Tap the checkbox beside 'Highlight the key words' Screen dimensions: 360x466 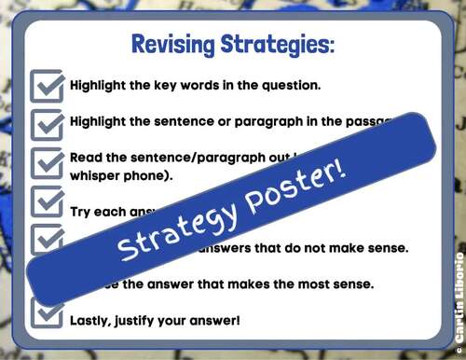tap(48, 85)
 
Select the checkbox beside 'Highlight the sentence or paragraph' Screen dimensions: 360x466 tap(48, 122)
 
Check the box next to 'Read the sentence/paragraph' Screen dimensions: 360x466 tap(48, 162)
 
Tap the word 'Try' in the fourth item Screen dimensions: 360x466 tap(82, 211)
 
